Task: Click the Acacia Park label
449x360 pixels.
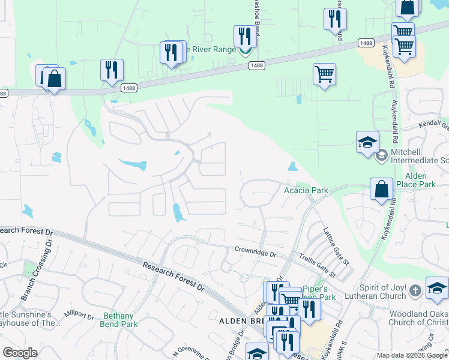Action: point(306,191)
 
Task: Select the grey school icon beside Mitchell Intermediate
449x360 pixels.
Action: point(381,156)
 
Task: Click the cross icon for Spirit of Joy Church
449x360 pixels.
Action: point(414,292)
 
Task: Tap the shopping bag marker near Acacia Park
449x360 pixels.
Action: point(381,190)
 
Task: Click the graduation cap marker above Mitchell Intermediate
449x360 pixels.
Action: point(367,142)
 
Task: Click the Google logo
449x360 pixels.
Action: point(20,353)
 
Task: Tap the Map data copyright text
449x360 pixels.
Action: point(411,355)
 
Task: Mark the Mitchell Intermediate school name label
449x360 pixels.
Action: point(419,157)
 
